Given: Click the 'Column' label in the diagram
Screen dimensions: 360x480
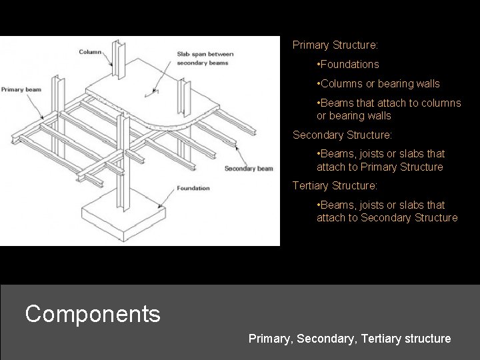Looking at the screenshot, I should tap(90, 51).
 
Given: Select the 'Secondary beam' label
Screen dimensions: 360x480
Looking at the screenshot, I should tap(249, 169).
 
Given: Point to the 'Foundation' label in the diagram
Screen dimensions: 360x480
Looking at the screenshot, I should tap(193, 189).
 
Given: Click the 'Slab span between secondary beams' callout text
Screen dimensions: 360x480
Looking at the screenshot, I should tap(203, 58).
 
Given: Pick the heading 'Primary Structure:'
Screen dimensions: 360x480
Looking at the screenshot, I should tap(335, 45).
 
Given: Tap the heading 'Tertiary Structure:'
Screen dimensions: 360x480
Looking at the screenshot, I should tap(335, 185).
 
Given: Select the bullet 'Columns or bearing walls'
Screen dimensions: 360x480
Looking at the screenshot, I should tap(378, 83).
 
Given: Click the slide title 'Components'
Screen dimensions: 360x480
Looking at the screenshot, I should tap(93, 313).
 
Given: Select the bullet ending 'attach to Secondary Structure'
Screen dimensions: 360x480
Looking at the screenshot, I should tap(387, 211).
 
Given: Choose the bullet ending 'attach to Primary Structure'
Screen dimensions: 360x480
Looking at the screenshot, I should tap(380, 160).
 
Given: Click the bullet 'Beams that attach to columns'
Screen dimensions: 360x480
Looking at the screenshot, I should tap(389, 109).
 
